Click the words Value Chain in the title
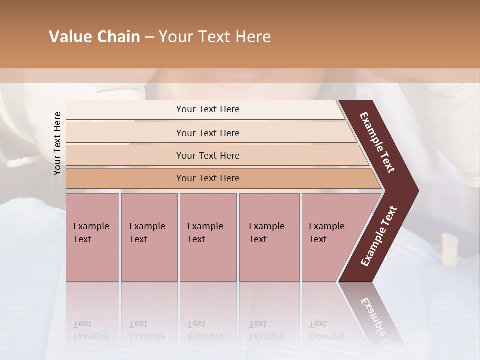coord(94,37)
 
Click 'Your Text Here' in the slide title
coord(214,37)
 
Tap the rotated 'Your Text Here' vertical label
coord(57,143)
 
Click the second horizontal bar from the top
coord(208,133)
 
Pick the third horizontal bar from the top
coord(208,155)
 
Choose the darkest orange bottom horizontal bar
coord(208,178)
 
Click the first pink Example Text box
coord(92,237)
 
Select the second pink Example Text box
coord(149,237)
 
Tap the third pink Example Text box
coord(208,237)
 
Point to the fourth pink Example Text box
coord(269,237)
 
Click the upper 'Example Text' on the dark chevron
coord(378,142)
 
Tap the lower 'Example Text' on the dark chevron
coord(379,236)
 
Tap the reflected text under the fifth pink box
coord(326,330)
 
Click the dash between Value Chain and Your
coord(149,37)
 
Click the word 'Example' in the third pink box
coord(205,226)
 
